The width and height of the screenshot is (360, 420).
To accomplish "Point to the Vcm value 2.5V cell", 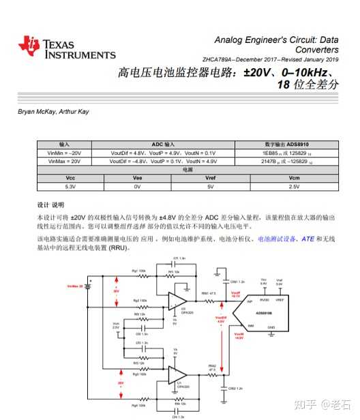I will (295, 186).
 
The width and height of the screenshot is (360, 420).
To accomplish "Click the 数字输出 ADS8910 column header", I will (295, 145).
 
